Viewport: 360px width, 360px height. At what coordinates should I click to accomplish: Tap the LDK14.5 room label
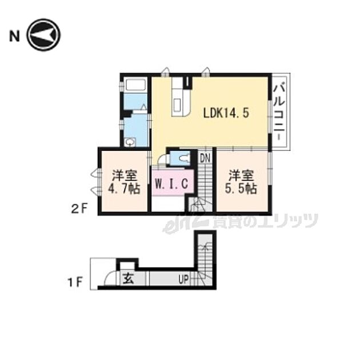point(226,113)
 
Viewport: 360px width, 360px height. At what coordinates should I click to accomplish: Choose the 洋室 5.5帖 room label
point(242,182)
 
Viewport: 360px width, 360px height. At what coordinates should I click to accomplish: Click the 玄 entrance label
point(126,279)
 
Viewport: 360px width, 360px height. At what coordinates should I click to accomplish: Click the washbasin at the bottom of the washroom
point(130,142)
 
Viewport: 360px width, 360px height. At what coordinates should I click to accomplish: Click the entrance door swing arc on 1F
point(106,278)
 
